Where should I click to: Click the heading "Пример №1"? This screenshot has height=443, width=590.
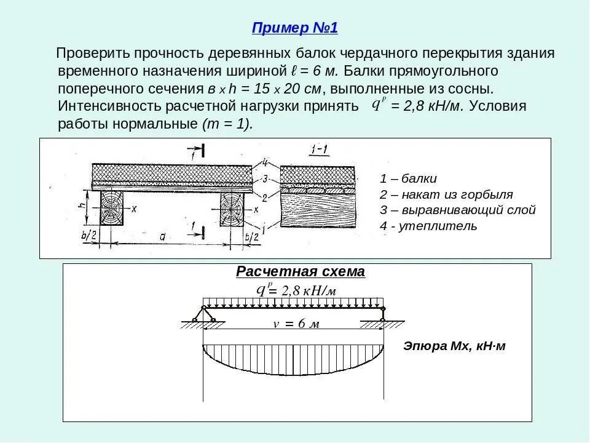tap(295, 28)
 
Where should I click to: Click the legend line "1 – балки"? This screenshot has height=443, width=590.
tap(408, 179)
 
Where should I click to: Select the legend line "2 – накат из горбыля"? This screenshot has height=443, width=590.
tap(446, 194)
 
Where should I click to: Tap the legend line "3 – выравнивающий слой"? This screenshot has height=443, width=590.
tap(457, 210)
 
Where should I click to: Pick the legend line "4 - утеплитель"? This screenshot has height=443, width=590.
tap(428, 226)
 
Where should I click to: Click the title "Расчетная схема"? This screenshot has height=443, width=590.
tap(301, 272)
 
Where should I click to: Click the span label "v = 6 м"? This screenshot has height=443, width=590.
tap(296, 324)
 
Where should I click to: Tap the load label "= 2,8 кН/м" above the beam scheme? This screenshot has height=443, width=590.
tap(301, 291)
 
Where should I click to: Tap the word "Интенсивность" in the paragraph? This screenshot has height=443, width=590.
tap(110, 105)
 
